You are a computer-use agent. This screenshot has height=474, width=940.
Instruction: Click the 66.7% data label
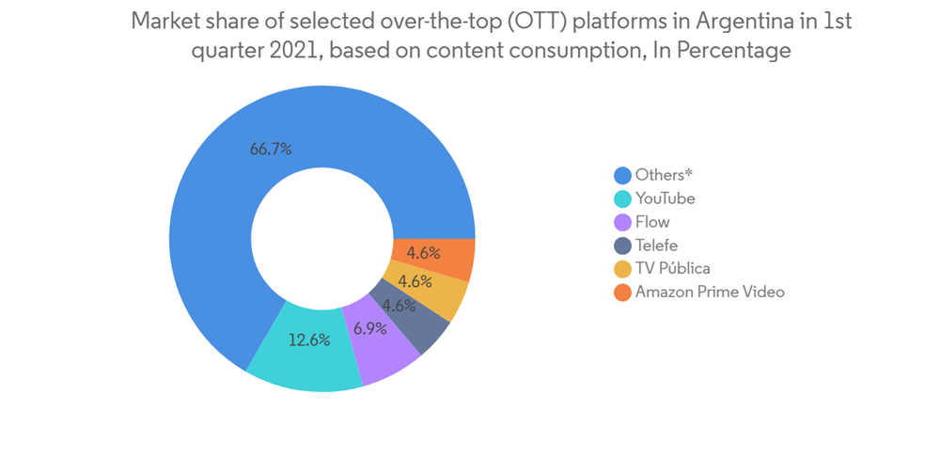pyautogui.click(x=271, y=149)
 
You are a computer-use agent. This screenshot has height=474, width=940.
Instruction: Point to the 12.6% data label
pyautogui.click(x=308, y=340)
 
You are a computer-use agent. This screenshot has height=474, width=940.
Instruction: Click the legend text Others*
pyautogui.click(x=664, y=175)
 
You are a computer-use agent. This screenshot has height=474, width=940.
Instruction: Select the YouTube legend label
pyautogui.click(x=666, y=198)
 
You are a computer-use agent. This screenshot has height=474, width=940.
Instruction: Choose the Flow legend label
pyautogui.click(x=652, y=222)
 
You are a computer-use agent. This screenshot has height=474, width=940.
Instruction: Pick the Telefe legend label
pyautogui.click(x=656, y=245)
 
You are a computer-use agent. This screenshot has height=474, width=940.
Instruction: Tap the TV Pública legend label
pyautogui.click(x=673, y=268)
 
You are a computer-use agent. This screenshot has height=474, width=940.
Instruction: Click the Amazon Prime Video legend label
pyautogui.click(x=710, y=292)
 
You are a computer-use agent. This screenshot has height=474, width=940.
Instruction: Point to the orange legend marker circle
pyautogui.click(x=622, y=292)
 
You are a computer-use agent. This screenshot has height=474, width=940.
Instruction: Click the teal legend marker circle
pyautogui.click(x=622, y=198)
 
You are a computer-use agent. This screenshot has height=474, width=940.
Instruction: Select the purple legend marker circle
pyautogui.click(x=622, y=222)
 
